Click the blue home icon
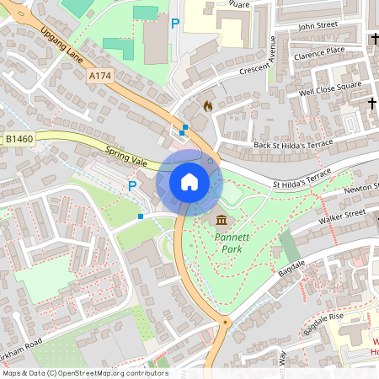point(189,181)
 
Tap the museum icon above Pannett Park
point(222,221)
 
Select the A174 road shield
point(99,76)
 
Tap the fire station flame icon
point(208,106)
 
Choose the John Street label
point(318,25)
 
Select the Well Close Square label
point(330,87)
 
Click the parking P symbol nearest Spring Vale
point(131,185)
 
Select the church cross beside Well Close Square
point(371,103)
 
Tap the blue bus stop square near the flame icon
point(184,127)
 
